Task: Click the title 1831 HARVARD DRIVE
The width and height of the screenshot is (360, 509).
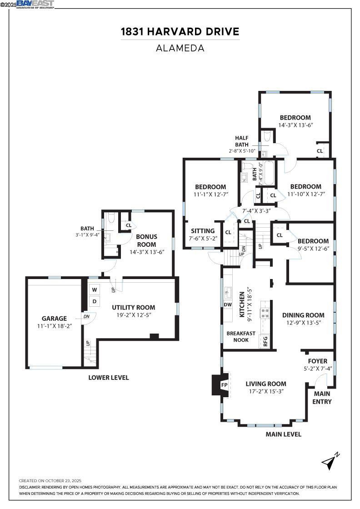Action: click(x=180, y=32)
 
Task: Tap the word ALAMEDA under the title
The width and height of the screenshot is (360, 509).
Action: click(x=180, y=48)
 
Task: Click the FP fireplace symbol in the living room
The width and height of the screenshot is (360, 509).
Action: click(x=224, y=385)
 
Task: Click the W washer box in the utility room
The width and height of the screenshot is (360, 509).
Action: click(x=95, y=289)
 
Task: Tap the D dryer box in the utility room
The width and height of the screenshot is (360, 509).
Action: click(x=95, y=301)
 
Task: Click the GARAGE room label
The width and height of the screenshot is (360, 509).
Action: click(x=54, y=319)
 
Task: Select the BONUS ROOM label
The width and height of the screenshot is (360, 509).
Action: click(x=146, y=240)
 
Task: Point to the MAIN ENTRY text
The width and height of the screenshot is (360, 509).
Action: click(x=322, y=398)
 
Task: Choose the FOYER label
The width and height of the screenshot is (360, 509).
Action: click(x=317, y=361)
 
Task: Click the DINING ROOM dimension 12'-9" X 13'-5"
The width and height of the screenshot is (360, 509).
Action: click(x=303, y=323)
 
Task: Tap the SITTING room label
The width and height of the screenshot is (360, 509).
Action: click(x=203, y=231)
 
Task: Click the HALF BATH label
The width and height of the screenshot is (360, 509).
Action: click(x=242, y=141)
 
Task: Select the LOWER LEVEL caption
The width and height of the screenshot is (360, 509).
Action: click(x=108, y=378)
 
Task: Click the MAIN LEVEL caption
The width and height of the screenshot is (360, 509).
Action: click(x=283, y=434)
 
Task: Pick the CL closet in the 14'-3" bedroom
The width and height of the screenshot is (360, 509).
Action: click(x=320, y=151)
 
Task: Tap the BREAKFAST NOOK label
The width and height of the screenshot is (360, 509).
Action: click(x=241, y=337)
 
